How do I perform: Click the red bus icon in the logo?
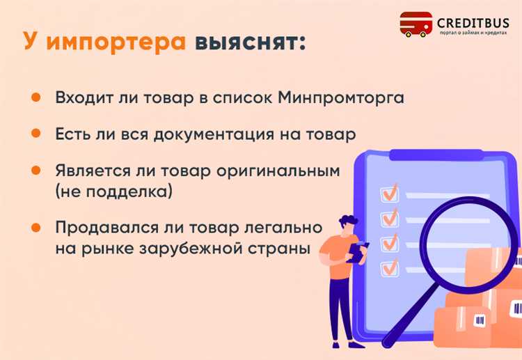416,24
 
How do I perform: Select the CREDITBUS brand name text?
473,22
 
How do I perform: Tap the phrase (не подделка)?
113,191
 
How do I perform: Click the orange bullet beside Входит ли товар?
34,97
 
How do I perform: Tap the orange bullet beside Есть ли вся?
34,134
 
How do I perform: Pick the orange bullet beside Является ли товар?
34,170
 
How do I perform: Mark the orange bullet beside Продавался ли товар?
34,227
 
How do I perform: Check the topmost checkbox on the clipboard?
388,191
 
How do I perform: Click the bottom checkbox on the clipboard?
389,267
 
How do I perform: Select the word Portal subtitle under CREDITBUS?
445,33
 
